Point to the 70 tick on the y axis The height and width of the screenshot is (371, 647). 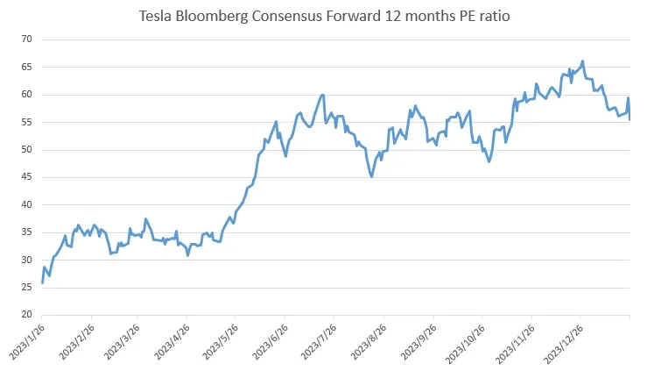click(x=27, y=39)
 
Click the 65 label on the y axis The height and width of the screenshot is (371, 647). click(x=27, y=67)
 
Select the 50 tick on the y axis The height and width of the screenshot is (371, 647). click(x=27, y=150)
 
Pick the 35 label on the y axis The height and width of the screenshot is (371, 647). click(x=27, y=232)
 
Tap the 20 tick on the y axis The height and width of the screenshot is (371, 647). click(x=27, y=315)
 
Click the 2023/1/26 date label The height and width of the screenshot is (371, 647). click(x=24, y=343)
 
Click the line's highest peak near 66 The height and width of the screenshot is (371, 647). click(x=583, y=61)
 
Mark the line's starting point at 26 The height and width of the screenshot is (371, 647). click(x=42, y=282)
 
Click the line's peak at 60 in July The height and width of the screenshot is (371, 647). click(x=324, y=95)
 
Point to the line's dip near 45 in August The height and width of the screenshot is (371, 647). click(x=372, y=176)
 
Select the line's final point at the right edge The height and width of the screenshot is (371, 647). click(x=630, y=119)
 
